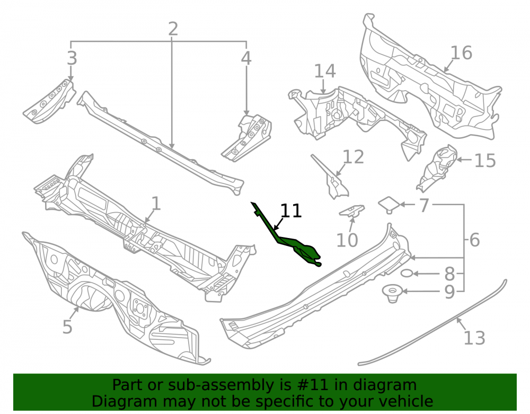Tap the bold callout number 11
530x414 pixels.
tap(291, 211)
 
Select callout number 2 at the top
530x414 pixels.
tap(173, 29)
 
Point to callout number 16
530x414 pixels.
tap(462, 53)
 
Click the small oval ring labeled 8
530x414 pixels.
tap(407, 273)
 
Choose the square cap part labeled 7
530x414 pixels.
tap(389, 205)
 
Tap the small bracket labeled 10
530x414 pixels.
tap(352, 211)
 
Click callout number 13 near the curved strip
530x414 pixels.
tap(474, 338)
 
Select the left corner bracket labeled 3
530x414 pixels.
tap(50, 102)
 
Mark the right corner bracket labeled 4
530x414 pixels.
tap(247, 138)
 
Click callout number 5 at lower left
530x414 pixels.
tap(67, 327)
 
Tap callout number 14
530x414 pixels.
tap(325, 72)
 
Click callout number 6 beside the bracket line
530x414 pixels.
tap(474, 240)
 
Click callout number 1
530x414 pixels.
tap(155, 204)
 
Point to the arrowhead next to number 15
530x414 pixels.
tap(459, 160)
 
